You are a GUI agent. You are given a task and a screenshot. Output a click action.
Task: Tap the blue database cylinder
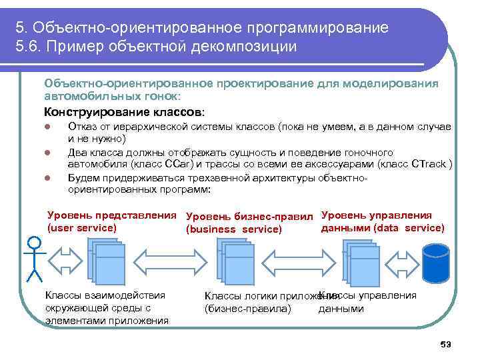(x=437, y=261)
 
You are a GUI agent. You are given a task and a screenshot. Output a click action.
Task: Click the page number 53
(x=446, y=344)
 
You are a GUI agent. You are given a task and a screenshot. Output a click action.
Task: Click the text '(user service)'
(x=82, y=228)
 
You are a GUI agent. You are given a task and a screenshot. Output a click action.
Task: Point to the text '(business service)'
(x=234, y=230)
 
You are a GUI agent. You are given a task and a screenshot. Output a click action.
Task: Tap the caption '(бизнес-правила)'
(x=248, y=309)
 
